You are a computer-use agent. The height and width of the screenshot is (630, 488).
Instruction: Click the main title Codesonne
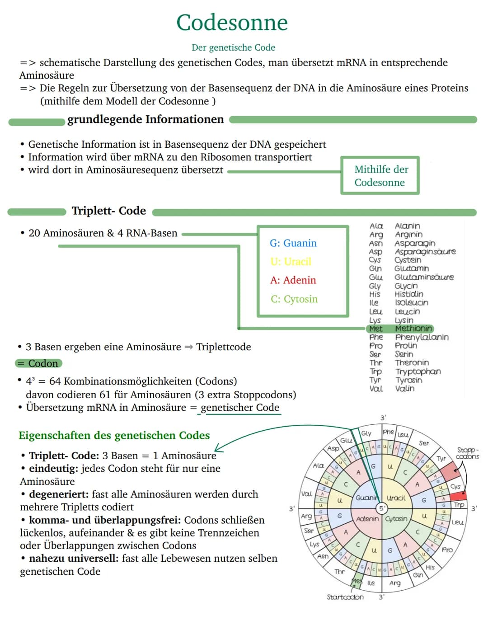[x=232, y=23]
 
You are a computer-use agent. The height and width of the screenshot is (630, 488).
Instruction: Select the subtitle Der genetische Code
[x=233, y=47]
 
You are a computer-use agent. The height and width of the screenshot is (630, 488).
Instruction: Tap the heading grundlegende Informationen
[x=145, y=119]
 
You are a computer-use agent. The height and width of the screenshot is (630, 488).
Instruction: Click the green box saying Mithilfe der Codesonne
[x=380, y=175]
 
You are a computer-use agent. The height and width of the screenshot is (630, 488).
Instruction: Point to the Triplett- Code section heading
[x=108, y=211]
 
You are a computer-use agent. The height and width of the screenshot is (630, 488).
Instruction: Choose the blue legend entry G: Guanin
[x=293, y=243]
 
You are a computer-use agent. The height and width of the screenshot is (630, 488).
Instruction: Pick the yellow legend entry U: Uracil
[x=291, y=262]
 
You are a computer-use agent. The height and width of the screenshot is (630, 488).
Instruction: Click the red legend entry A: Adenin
[x=293, y=280]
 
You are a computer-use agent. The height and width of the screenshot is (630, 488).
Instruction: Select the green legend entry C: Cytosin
[x=294, y=299]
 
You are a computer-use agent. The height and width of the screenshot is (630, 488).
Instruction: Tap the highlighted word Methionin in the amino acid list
[x=413, y=329]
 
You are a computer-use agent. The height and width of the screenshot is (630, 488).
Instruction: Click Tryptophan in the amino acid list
[x=418, y=371]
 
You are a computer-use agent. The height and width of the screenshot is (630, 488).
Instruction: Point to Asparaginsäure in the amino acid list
[x=425, y=252]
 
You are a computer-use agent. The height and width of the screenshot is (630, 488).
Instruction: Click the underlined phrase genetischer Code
[x=240, y=407]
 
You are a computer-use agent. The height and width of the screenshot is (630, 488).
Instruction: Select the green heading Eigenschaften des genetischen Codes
[x=114, y=435]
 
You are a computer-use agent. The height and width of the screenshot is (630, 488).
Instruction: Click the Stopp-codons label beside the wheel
[x=467, y=453]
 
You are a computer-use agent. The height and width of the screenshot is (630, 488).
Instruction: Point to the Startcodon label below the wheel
[x=345, y=597]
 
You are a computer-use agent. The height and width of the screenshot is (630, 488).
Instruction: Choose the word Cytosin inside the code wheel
[x=396, y=519]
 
